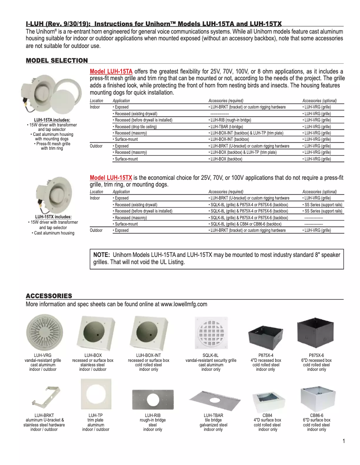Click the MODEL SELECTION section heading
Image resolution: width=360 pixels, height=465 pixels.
[x=57, y=61]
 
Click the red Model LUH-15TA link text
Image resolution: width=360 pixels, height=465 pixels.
[x=111, y=71]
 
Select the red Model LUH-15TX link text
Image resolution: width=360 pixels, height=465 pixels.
[x=111, y=178]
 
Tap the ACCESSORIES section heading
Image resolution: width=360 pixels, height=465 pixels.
[x=49, y=296]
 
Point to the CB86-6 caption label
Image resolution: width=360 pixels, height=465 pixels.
[x=316, y=416]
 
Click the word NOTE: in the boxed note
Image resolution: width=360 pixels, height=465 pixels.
[x=101, y=255]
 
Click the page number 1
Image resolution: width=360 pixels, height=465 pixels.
[x=343, y=441]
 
